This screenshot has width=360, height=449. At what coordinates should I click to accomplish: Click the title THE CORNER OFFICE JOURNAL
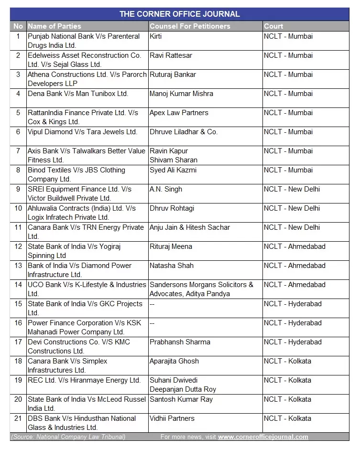coord(180,14)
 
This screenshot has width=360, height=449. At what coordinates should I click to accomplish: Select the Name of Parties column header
coord(55,26)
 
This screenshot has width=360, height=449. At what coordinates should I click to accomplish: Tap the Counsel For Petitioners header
coord(190,26)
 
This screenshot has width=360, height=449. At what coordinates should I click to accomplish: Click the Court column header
coord(273,26)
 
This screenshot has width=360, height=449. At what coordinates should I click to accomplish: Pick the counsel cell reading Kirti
coord(156,36)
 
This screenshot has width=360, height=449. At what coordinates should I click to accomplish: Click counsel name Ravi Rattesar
coord(171,55)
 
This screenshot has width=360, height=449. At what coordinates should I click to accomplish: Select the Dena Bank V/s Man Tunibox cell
coord(78,94)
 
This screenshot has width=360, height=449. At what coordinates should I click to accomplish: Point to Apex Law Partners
coord(179,113)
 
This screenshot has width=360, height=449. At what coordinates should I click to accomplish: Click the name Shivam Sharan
coord(173,160)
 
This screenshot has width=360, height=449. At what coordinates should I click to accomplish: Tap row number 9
coord(18,189)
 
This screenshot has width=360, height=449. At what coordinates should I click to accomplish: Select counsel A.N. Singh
coord(165,189)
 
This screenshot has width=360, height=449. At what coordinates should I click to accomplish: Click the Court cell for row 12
coord(295,246)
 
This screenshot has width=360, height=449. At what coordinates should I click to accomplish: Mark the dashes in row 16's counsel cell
coord(153,323)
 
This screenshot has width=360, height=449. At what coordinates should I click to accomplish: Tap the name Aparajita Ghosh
coord(174,361)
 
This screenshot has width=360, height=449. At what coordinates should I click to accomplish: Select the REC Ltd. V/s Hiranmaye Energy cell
coord(84,380)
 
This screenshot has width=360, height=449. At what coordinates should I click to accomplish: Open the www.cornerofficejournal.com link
coord(263,437)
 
